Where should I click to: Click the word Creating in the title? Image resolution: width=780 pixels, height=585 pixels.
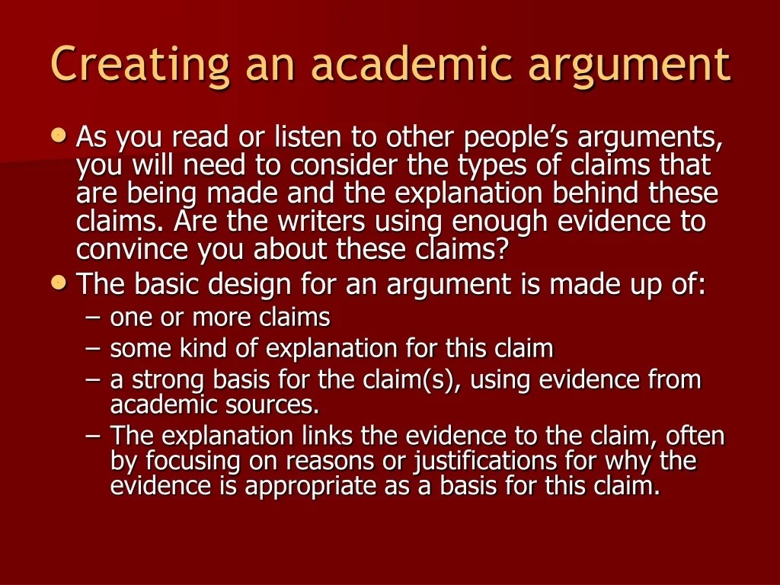point(140,64)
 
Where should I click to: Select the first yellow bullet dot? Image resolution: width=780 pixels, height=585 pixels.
point(59,135)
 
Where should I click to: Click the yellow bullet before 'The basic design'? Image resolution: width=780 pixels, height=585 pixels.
point(59,282)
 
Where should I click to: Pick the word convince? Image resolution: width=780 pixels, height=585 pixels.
point(132,249)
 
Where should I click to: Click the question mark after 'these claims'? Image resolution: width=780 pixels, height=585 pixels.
point(501,248)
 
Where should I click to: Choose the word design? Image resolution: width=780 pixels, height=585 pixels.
point(249,285)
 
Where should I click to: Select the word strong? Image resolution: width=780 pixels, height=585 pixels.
point(168,381)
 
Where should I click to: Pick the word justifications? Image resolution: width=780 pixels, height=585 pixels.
point(485,461)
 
